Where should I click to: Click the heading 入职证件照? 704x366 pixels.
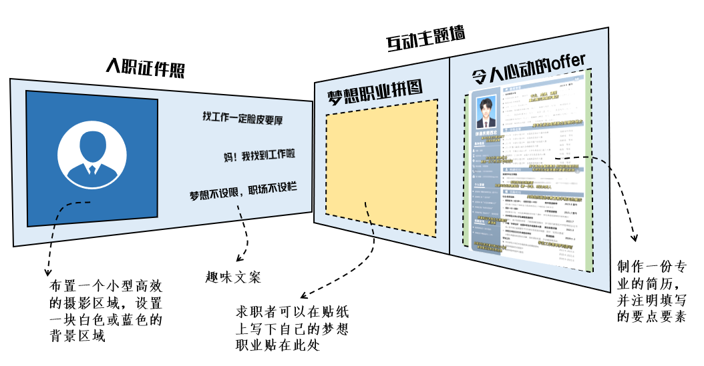[x=145, y=68]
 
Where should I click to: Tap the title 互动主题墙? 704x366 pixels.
[x=425, y=40]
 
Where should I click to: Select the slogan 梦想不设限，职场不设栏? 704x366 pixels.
[x=242, y=195]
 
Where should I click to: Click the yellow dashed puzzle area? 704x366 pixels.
[x=381, y=170]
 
